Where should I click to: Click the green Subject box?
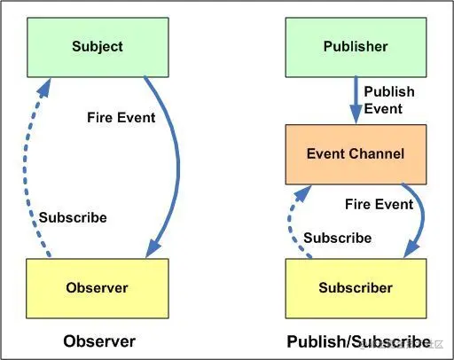98,46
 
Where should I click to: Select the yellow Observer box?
97,287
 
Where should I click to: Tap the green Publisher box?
355,46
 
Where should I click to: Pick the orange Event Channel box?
355,154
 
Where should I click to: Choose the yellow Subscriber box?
355,287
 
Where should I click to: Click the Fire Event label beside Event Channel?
379,204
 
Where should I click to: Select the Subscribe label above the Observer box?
73,217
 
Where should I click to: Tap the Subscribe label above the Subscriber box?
337,238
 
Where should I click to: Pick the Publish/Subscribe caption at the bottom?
358,341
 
